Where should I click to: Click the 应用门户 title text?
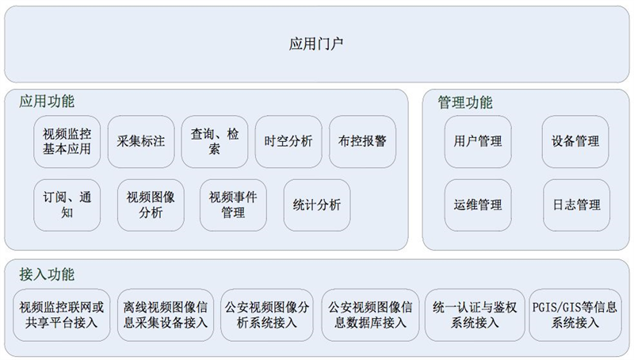click(x=316, y=44)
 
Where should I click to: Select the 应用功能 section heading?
click(x=47, y=101)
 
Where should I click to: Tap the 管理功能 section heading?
click(x=465, y=102)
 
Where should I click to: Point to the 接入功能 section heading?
click(x=47, y=274)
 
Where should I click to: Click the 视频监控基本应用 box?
click(x=67, y=142)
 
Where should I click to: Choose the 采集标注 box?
click(x=141, y=142)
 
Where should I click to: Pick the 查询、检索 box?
click(x=215, y=142)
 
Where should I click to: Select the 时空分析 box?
click(x=288, y=142)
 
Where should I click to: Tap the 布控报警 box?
click(x=363, y=142)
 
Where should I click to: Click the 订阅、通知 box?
click(x=67, y=205)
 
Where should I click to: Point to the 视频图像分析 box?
click(x=151, y=205)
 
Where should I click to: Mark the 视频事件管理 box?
click(x=233, y=205)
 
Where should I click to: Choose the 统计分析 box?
click(x=317, y=205)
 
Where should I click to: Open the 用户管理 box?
click(x=478, y=142)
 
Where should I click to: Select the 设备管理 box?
click(x=575, y=142)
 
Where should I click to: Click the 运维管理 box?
click(x=478, y=205)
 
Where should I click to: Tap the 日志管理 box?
click(x=577, y=205)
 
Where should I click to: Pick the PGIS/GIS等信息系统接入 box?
click(x=575, y=315)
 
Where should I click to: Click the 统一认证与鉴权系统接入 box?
click(x=475, y=315)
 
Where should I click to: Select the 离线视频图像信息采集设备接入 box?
click(x=166, y=315)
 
